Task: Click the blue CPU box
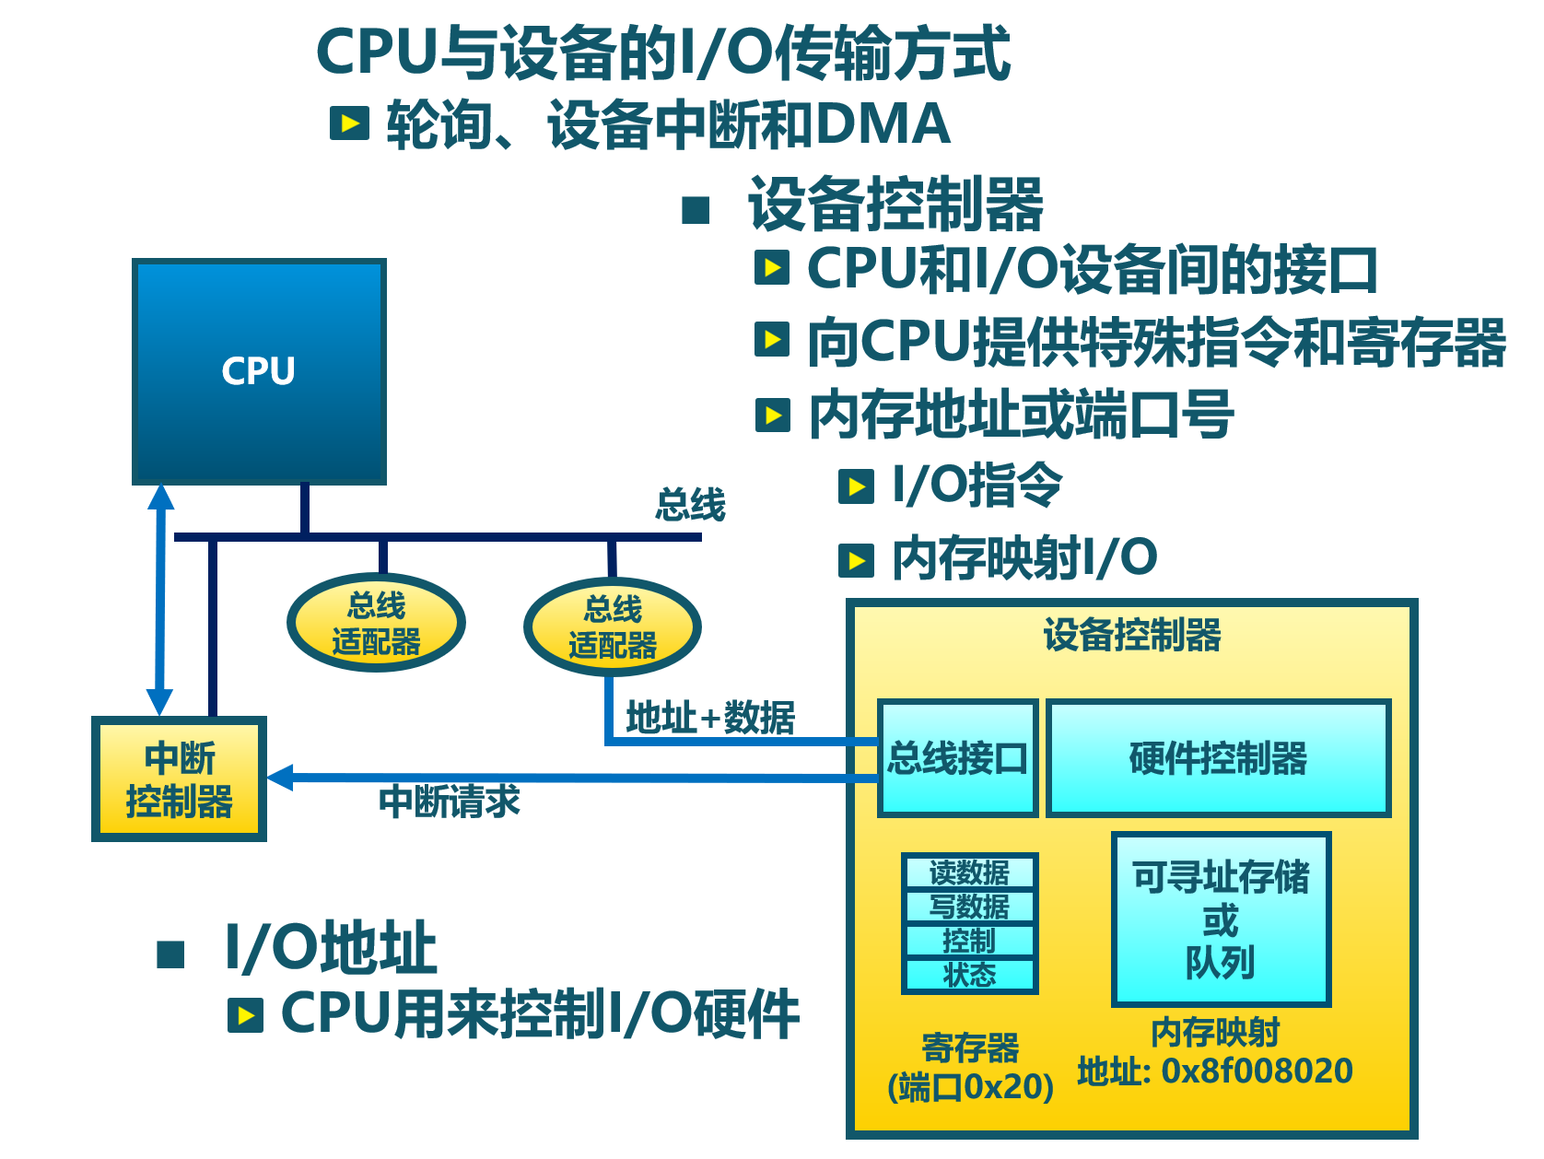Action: coord(259,371)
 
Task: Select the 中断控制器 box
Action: coord(179,779)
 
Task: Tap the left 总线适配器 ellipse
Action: coord(376,623)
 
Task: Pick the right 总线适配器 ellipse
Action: coord(613,626)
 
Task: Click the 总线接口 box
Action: coord(958,758)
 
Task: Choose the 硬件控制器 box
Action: coord(1218,758)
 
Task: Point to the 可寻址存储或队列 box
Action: coord(1221,919)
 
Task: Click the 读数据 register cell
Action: coord(969,872)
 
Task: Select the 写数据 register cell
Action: coord(969,907)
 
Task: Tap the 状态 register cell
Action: coord(969,975)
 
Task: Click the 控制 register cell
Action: coord(969,941)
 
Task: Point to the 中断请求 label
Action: coord(450,802)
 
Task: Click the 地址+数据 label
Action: coord(710,717)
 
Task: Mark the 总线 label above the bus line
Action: coord(690,505)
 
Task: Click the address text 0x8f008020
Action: coord(1257,1071)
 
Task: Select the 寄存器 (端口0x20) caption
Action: coord(970,1068)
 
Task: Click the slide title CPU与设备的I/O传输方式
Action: coord(662,53)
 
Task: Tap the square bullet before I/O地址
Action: coord(171,954)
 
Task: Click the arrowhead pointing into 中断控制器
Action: coord(279,778)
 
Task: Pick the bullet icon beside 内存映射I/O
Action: coord(856,559)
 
